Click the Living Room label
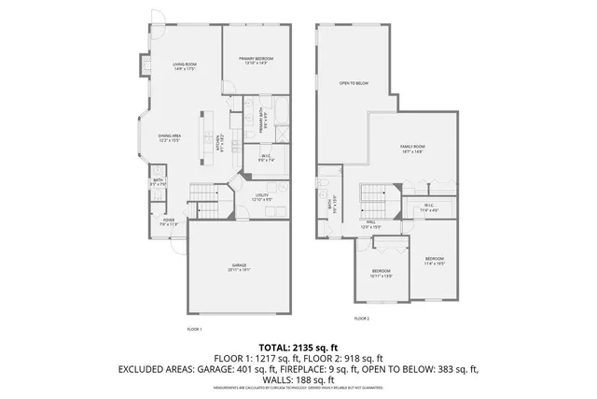point(183,66)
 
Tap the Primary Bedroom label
point(257,61)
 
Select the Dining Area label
point(169,137)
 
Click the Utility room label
point(261,197)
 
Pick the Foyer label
point(168,222)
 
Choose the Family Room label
point(412,150)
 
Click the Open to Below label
point(354,83)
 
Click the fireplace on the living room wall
point(147,66)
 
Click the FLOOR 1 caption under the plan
point(194,329)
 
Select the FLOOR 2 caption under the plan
point(361,319)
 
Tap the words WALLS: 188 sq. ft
point(298,379)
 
